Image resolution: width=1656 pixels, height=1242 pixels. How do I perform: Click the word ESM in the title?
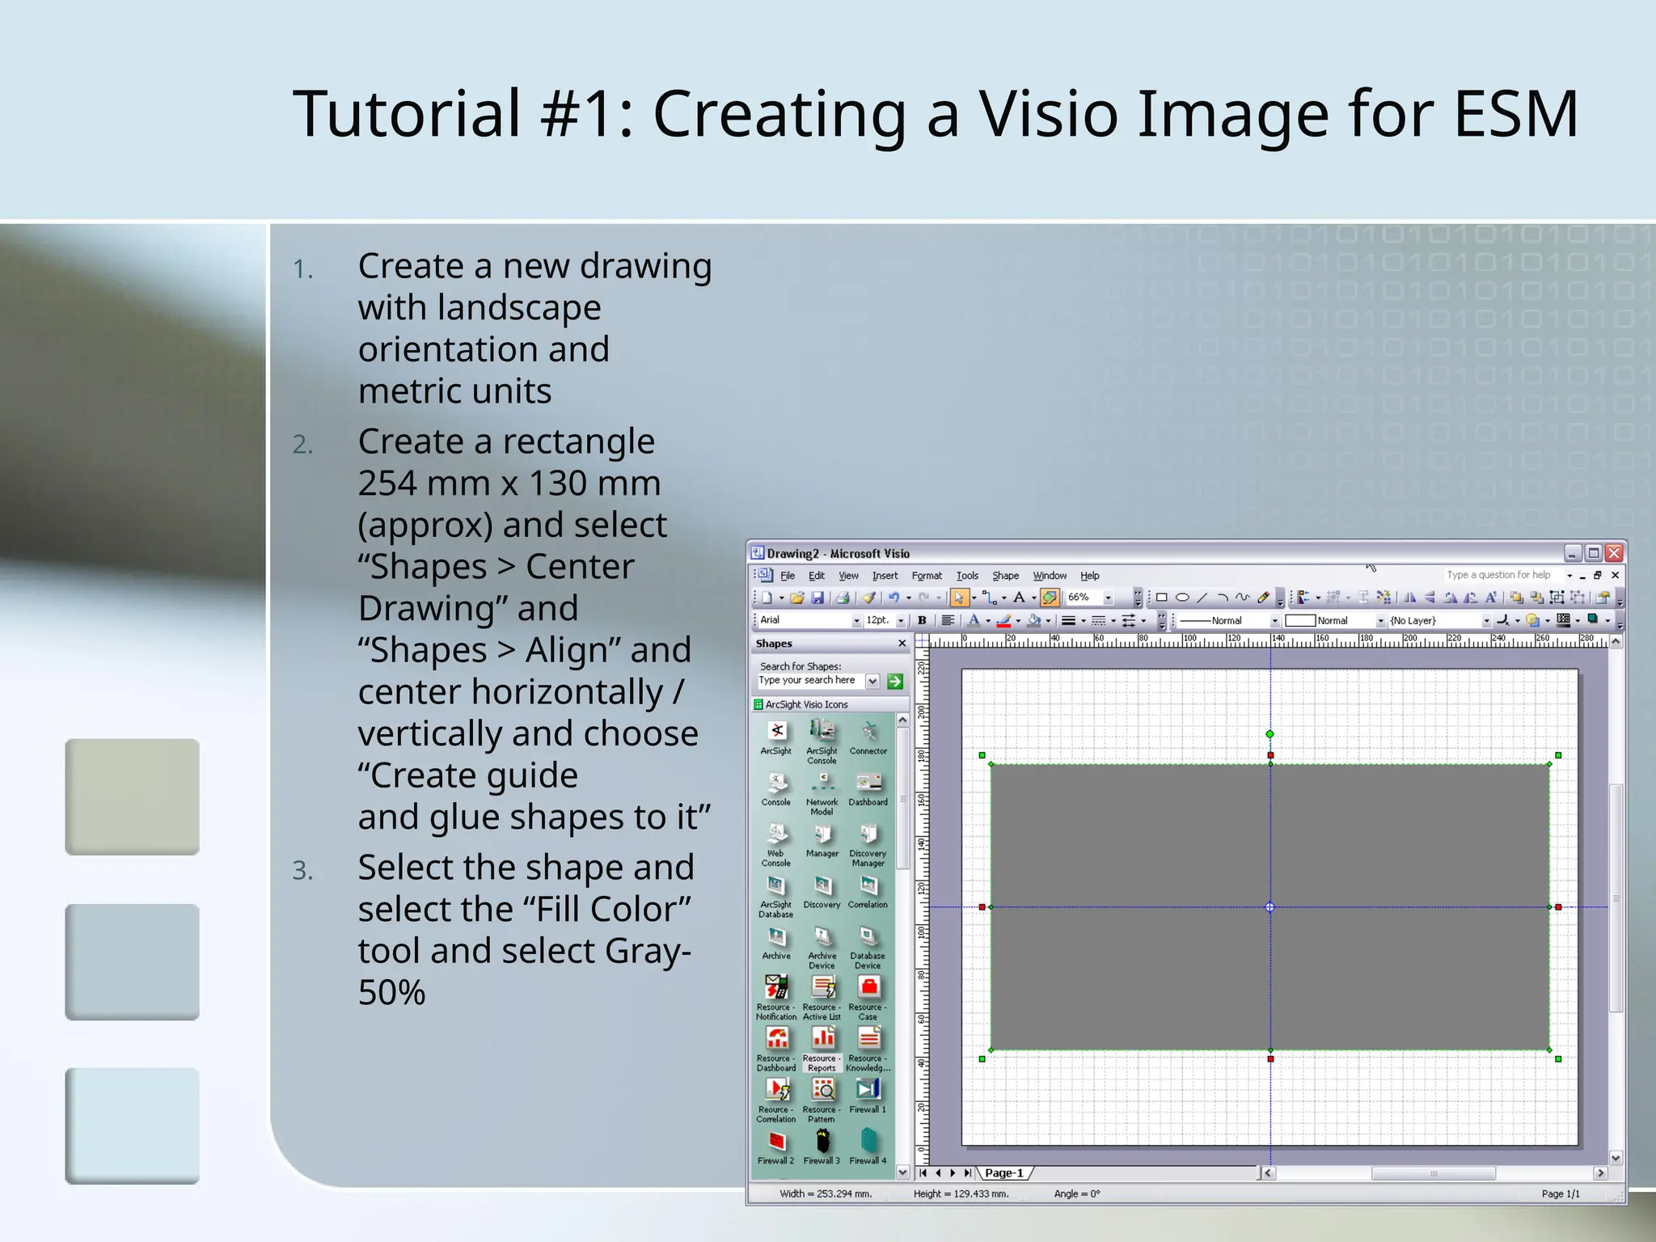(x=1515, y=114)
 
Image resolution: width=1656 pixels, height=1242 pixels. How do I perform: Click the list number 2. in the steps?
(x=303, y=445)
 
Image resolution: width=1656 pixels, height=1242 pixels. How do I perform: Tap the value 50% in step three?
(x=391, y=993)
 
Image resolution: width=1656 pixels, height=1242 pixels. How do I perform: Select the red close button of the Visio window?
(x=1614, y=553)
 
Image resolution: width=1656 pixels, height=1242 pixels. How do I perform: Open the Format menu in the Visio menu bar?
(x=927, y=576)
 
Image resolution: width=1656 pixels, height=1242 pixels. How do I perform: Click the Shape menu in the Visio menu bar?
(x=1005, y=576)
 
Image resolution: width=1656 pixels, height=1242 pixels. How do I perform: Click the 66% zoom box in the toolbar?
(x=1084, y=598)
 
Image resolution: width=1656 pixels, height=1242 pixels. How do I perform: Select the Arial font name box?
(x=804, y=620)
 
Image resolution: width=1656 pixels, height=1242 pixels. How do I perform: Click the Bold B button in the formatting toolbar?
(x=922, y=620)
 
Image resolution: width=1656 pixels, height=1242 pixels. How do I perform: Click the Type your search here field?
(x=811, y=681)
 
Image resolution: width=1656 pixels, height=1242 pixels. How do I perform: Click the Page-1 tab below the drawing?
(x=1003, y=1172)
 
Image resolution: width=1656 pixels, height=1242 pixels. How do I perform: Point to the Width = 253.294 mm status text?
(x=825, y=1193)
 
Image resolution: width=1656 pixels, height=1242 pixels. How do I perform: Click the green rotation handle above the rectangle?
(x=1269, y=734)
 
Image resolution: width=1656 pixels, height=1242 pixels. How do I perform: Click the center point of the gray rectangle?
(x=1269, y=907)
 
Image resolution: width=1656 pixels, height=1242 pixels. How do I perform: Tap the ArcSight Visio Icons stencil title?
(x=806, y=704)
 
